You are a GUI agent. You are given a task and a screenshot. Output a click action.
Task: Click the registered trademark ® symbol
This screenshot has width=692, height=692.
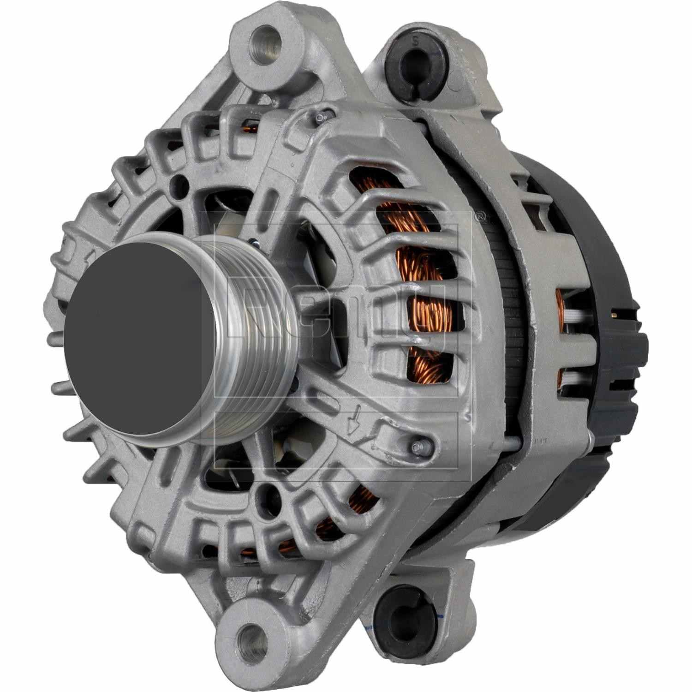tap(480, 215)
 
